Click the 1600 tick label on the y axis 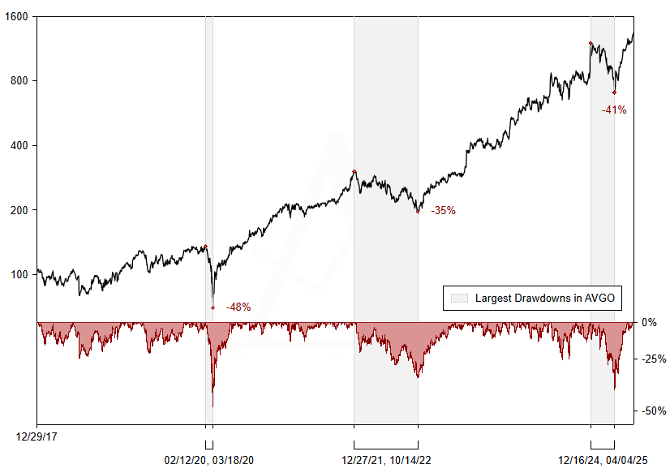pos(18,16)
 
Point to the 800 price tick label pos(20,81)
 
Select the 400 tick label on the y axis pos(20,146)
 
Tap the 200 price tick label pos(20,210)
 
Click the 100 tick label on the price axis pos(20,275)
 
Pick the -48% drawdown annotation pos(238,307)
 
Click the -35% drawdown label pos(443,210)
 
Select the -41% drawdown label pos(614,110)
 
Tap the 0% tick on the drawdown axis pos(649,322)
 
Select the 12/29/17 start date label pos(37,436)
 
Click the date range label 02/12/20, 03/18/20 pos(209,460)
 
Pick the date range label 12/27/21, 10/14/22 pos(385,460)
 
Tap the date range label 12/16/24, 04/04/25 pos(603,460)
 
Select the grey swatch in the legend pos(459,298)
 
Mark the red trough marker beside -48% pos(213,307)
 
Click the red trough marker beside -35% pos(418,211)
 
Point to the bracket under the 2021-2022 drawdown pos(386,446)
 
